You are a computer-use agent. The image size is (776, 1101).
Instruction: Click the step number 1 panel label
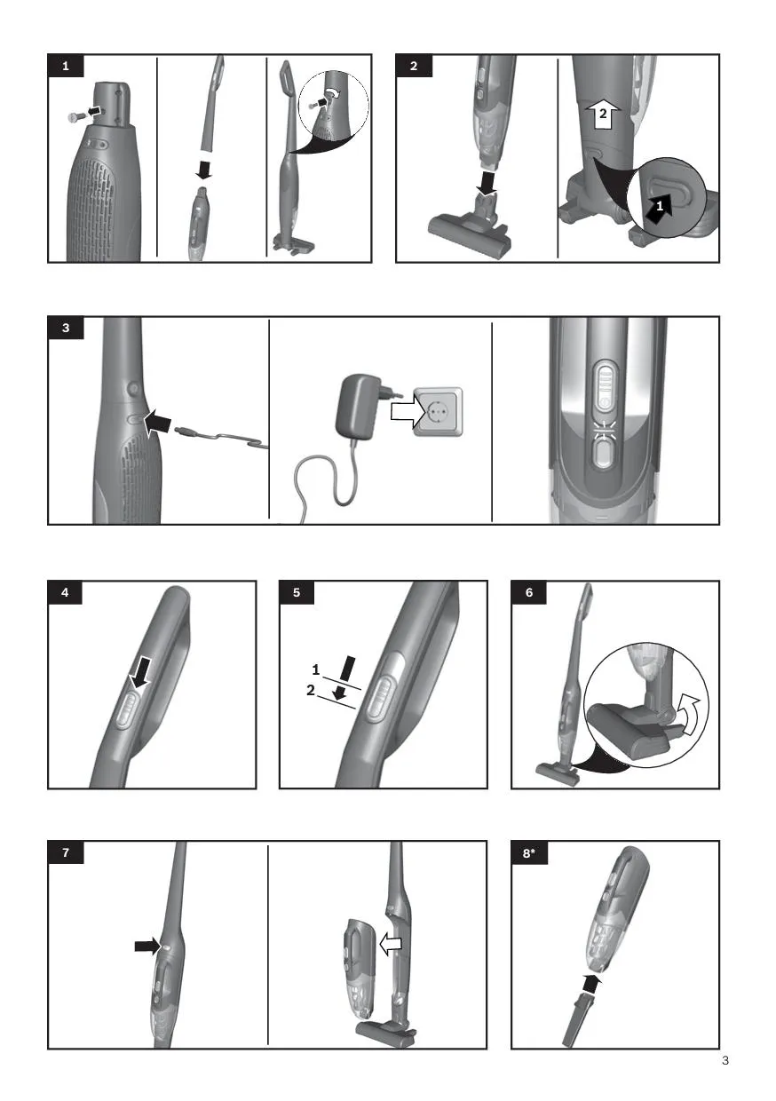click(x=66, y=66)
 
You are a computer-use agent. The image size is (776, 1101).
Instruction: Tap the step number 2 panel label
click(x=414, y=66)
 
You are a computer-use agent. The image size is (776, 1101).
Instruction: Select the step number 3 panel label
click(x=66, y=328)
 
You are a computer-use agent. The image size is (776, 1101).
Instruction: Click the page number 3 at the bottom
click(x=725, y=1060)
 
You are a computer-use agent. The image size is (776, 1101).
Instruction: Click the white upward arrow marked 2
click(x=603, y=115)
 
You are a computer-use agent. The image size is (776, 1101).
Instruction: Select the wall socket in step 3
click(x=438, y=412)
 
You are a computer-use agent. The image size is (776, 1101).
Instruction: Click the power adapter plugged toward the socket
click(x=361, y=404)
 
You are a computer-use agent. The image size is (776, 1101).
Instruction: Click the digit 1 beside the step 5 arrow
click(x=315, y=669)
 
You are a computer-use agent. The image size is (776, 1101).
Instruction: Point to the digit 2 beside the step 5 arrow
click(x=311, y=690)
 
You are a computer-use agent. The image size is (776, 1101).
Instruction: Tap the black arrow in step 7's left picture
click(x=147, y=946)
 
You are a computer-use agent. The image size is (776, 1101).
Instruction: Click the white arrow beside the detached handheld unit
click(x=391, y=944)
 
